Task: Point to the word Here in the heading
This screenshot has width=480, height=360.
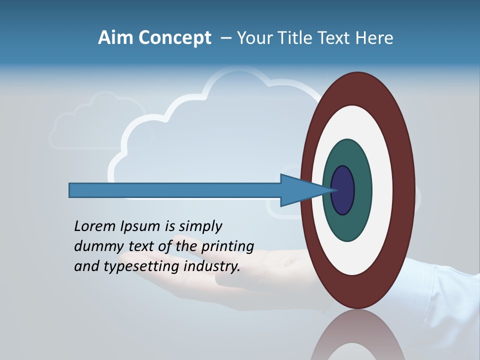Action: [x=374, y=38]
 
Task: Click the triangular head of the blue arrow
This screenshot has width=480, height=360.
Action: [x=300, y=190]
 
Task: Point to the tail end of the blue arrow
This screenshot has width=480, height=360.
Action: [x=73, y=190]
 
